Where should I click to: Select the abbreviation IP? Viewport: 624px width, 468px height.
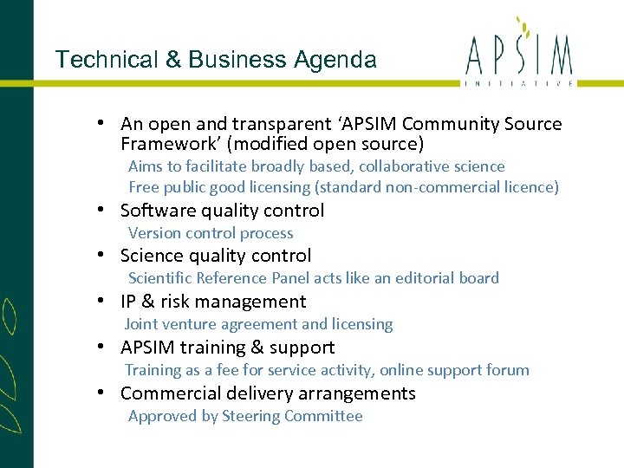point(128,302)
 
